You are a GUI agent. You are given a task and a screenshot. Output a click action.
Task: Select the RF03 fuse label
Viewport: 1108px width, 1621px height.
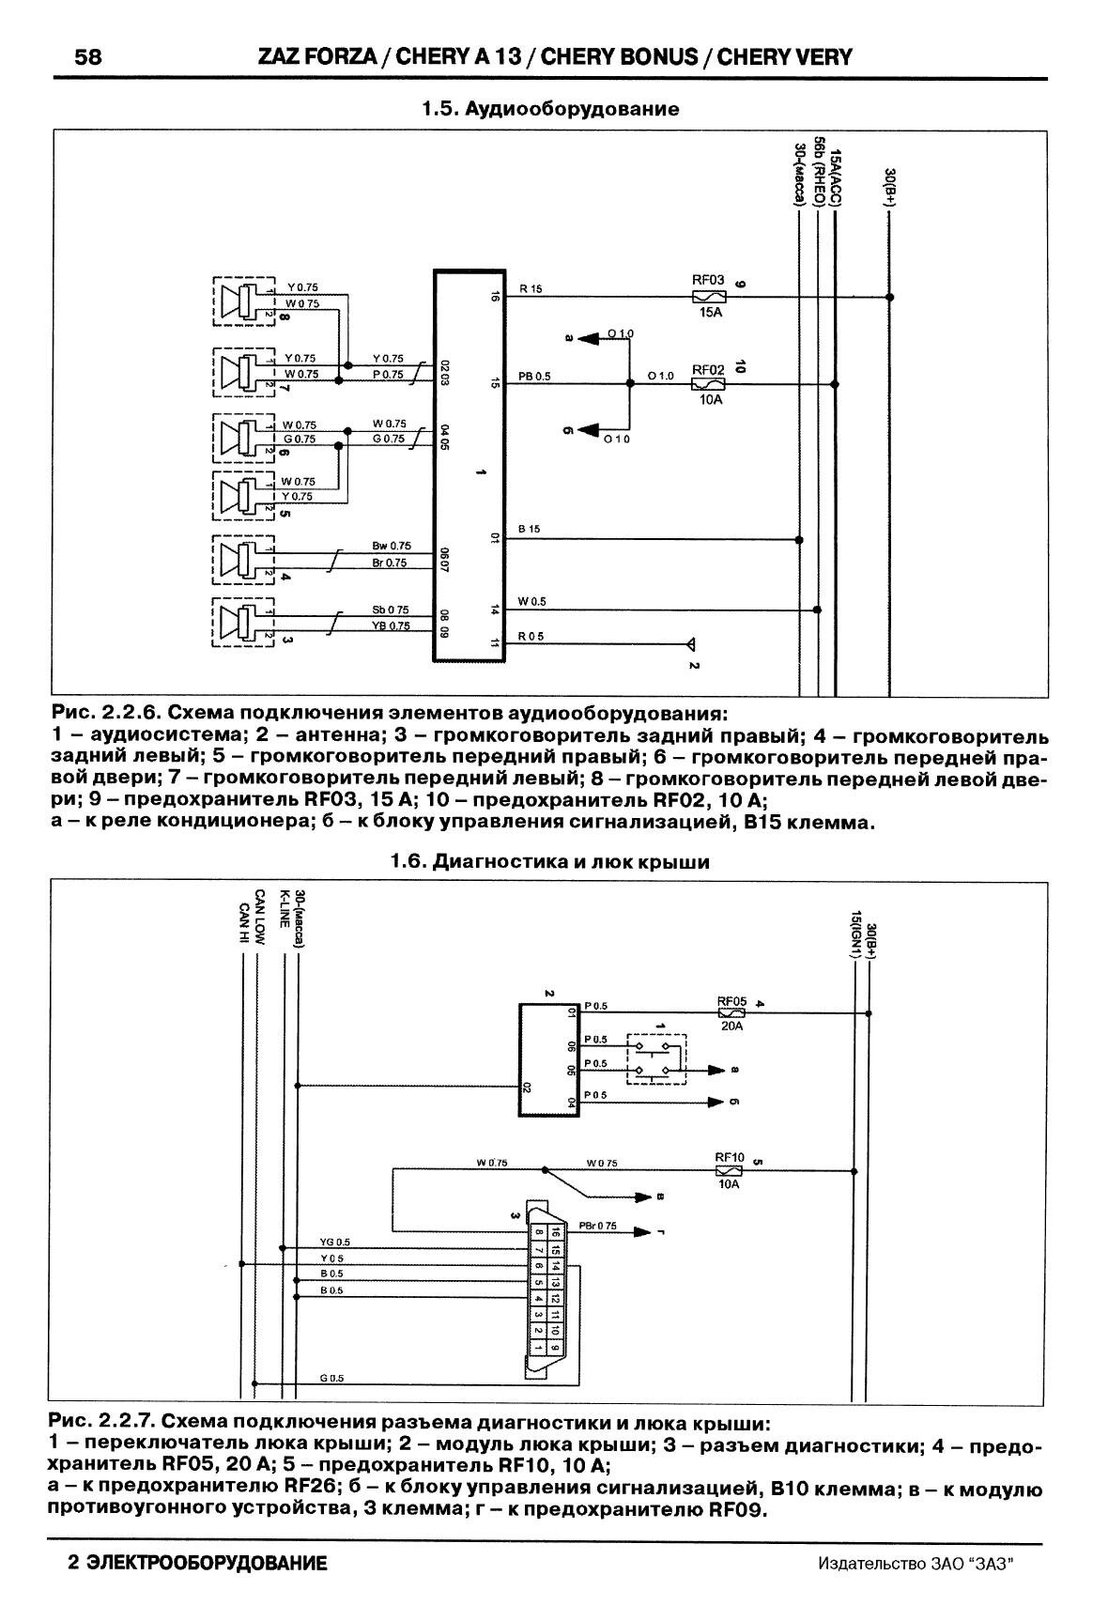tap(708, 279)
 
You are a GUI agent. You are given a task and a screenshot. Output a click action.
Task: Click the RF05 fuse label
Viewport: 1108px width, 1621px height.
tap(731, 1002)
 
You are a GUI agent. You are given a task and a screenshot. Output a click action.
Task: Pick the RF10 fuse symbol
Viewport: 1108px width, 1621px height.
tap(729, 1171)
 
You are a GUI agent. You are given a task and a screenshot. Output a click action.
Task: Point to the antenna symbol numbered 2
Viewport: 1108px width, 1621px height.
tap(690, 645)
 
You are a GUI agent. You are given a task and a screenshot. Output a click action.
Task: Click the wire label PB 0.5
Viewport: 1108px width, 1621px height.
tap(534, 377)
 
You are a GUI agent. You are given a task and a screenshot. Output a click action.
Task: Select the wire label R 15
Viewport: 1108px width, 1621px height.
tap(530, 289)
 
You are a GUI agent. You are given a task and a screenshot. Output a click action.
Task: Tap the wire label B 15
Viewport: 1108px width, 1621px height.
tap(530, 530)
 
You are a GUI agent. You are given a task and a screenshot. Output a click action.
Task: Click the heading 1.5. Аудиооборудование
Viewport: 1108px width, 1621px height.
tap(549, 109)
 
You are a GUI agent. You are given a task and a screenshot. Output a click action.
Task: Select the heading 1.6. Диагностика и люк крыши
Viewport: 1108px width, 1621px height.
tap(549, 862)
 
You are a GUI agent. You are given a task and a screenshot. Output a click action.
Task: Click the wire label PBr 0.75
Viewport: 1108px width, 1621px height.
tap(597, 1226)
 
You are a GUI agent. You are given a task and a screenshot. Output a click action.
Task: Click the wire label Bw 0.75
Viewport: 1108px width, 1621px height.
tap(391, 546)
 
